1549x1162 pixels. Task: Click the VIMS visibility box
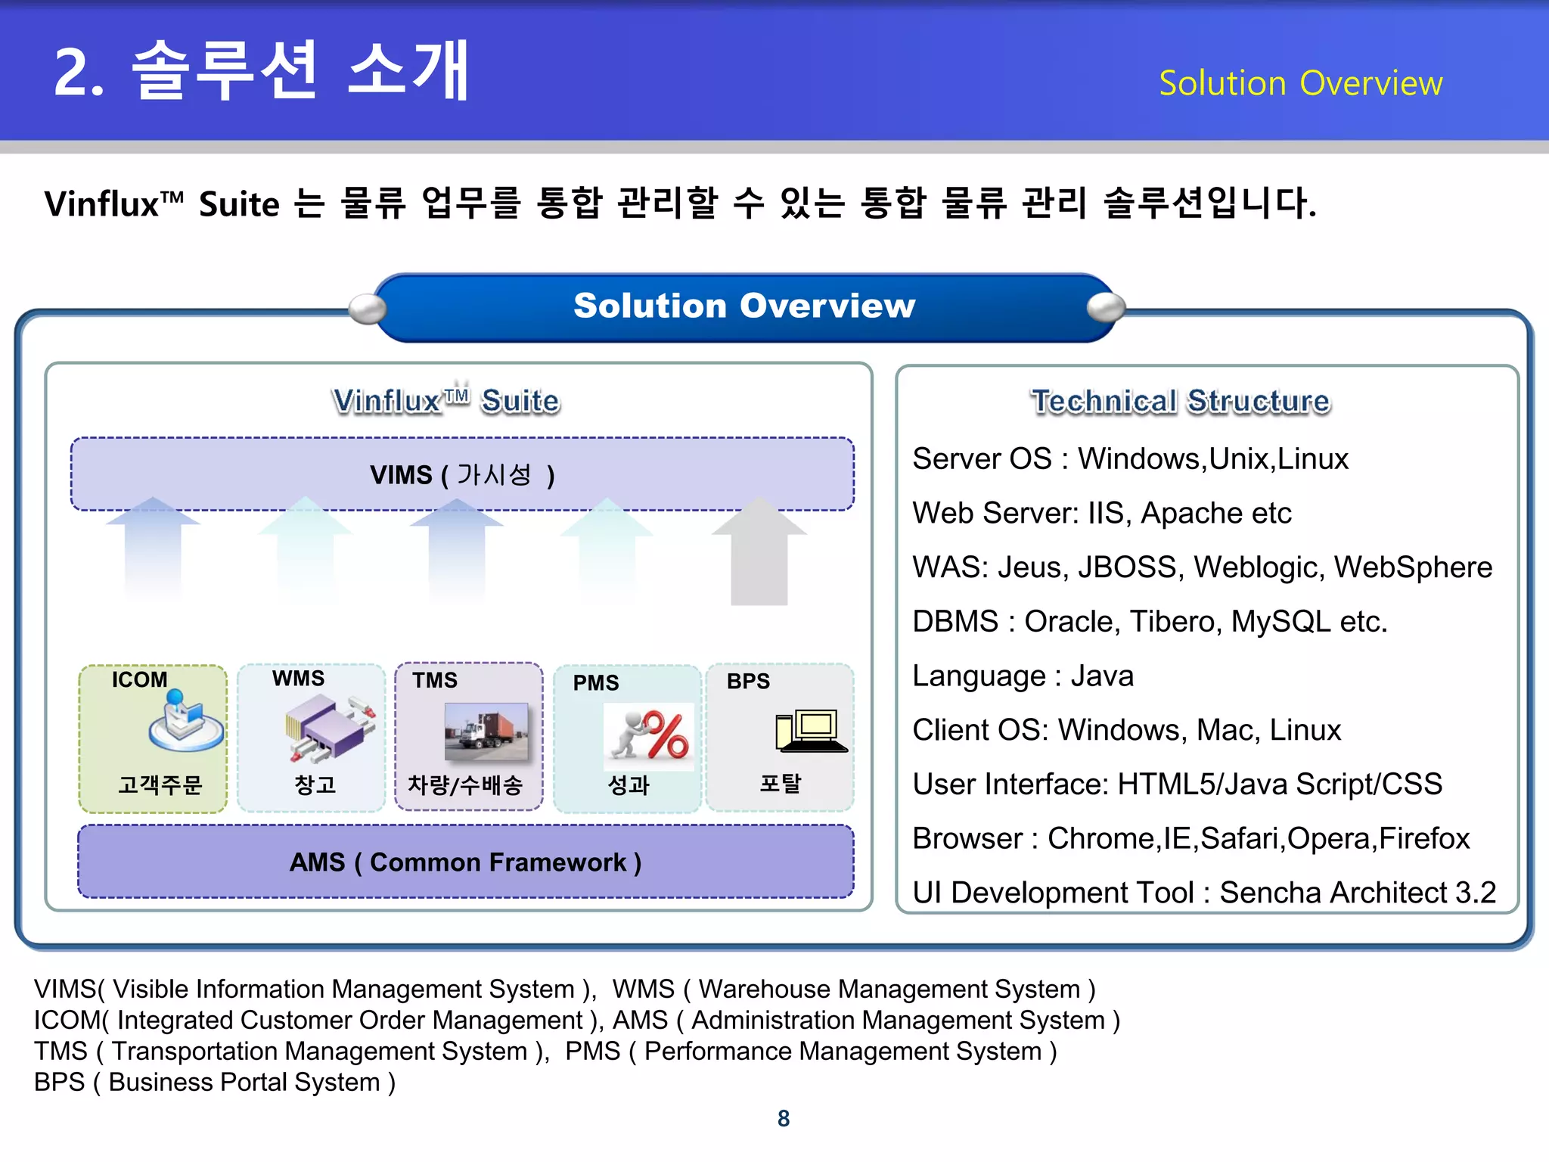click(x=462, y=474)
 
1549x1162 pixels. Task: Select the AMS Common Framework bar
click(x=465, y=862)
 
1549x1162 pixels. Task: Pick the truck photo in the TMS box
click(x=486, y=732)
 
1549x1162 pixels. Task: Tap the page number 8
click(x=784, y=1118)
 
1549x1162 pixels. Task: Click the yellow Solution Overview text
click(x=1300, y=83)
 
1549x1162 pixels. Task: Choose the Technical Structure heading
click(x=1180, y=401)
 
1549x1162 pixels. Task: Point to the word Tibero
click(x=1172, y=621)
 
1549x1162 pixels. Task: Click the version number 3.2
click(x=1476, y=893)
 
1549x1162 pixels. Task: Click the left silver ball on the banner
click(x=368, y=309)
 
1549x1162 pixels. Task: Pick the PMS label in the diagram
click(x=596, y=682)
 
